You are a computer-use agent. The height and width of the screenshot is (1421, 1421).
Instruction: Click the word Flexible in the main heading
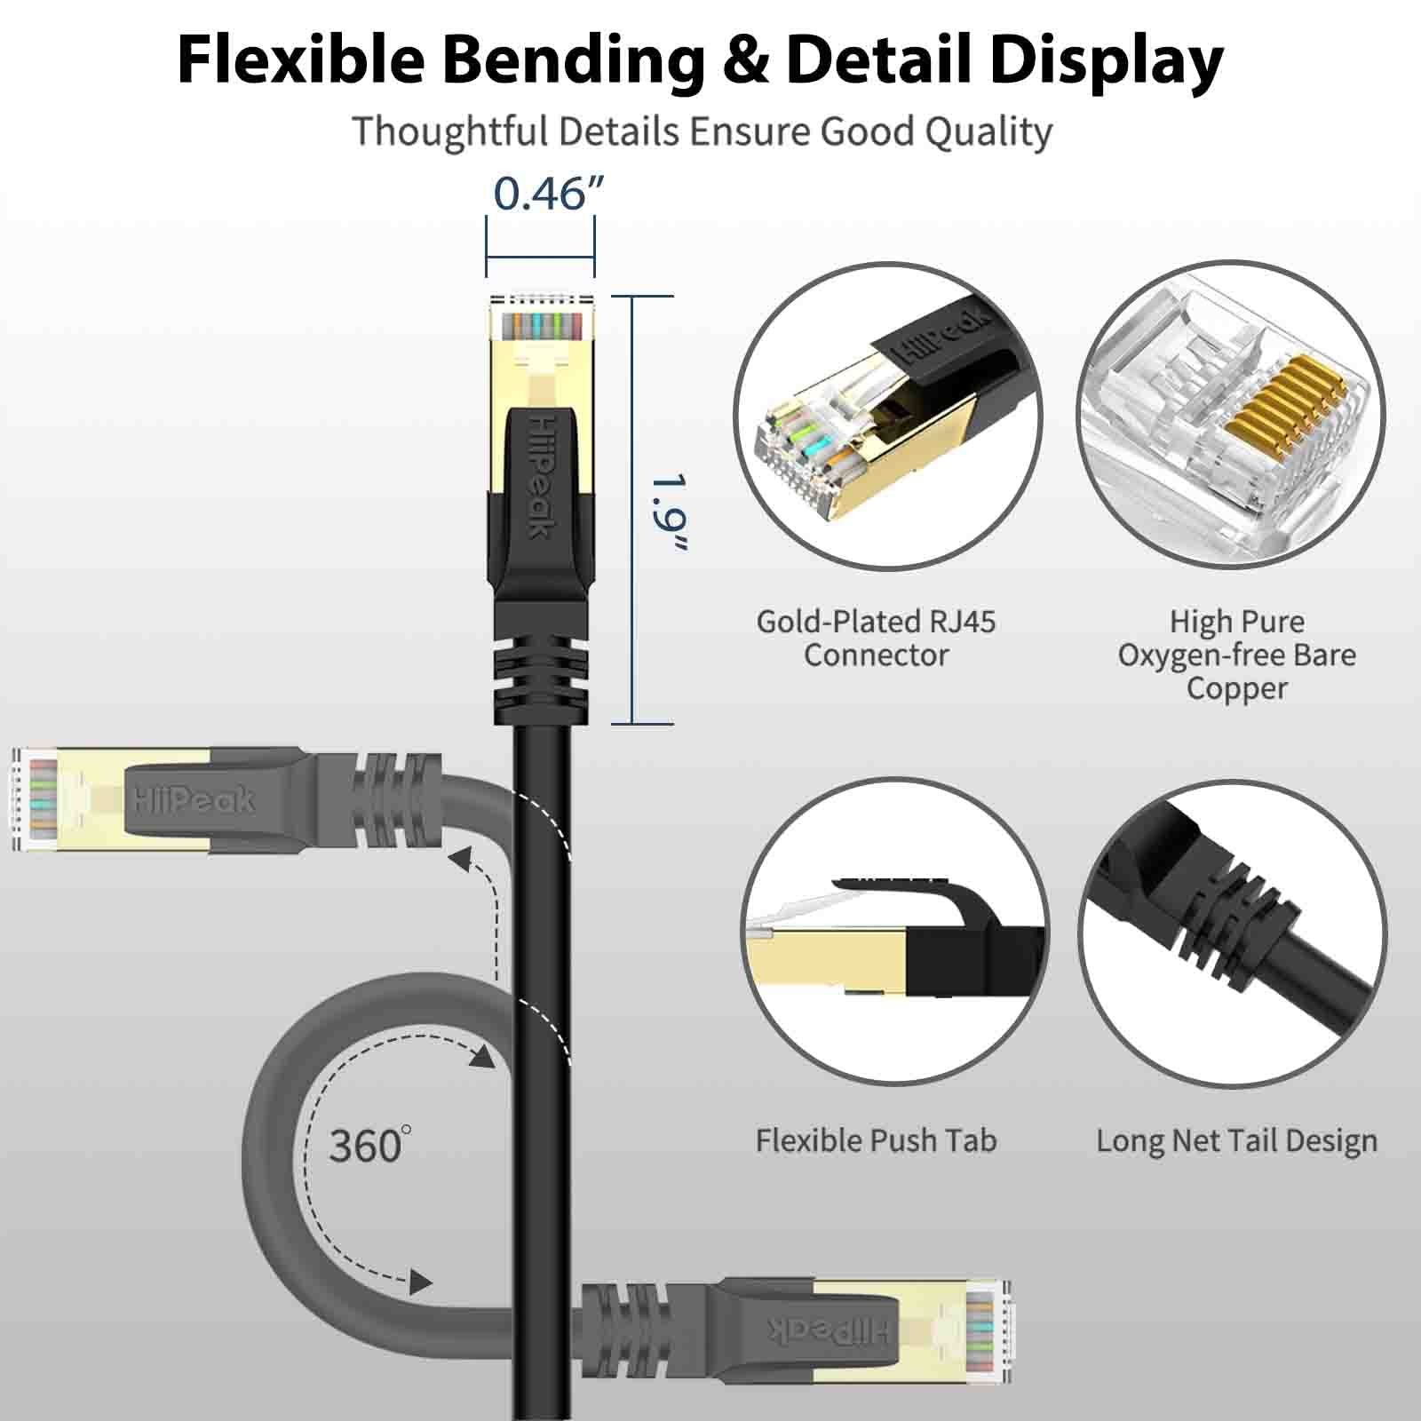coord(300,60)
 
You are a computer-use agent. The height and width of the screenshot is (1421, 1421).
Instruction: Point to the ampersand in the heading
coord(744,60)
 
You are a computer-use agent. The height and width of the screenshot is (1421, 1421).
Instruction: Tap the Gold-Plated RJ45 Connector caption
coord(876,638)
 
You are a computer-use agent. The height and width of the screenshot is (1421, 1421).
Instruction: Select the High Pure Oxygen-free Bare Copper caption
coord(1236,655)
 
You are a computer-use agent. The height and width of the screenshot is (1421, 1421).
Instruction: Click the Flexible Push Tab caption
coord(876,1140)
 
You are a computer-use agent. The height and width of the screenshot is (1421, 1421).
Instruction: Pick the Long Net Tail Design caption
coord(1236,1140)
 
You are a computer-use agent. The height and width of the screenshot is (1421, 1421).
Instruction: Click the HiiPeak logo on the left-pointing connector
coord(194,800)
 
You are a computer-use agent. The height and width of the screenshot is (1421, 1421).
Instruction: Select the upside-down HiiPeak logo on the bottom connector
coord(827,1330)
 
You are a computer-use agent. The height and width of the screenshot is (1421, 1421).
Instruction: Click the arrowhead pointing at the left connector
coord(458,859)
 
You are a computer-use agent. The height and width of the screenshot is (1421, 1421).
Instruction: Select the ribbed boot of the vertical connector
coord(539,666)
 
